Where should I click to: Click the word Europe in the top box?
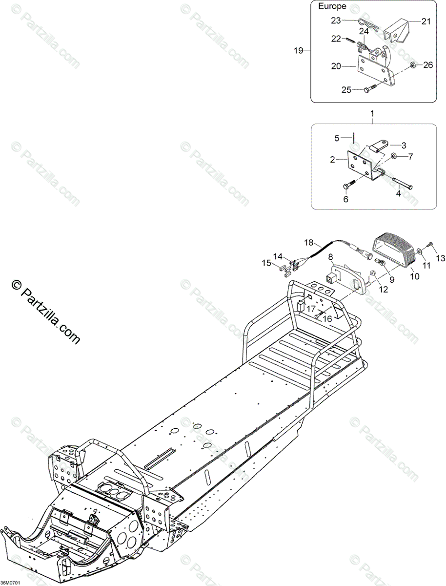click(332, 6)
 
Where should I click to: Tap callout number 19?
click(299, 50)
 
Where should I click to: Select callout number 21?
click(426, 21)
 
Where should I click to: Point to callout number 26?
click(428, 65)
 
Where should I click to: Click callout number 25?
click(346, 90)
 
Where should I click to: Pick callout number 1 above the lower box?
click(372, 113)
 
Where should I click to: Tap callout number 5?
click(337, 138)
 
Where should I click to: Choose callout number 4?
click(398, 194)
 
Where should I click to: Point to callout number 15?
click(266, 263)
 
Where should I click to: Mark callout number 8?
click(330, 256)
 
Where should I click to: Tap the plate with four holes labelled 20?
click(376, 76)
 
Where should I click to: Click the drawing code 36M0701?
click(10, 583)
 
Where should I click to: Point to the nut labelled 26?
click(413, 65)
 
